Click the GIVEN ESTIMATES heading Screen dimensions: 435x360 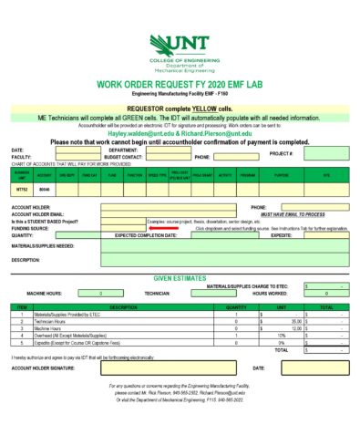180,276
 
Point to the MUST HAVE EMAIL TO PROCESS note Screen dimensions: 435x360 292,213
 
